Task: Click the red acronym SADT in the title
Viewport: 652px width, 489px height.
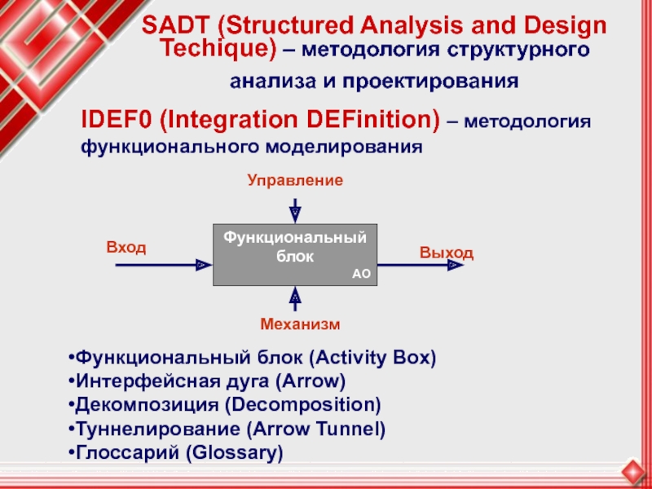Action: (176, 26)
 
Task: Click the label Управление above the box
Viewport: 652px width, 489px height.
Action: (295, 180)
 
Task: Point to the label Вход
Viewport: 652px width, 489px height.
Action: (126, 248)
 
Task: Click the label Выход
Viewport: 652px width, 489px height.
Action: (447, 253)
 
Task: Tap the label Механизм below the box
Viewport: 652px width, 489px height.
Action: (300, 324)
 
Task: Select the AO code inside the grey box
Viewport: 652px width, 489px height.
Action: (361, 274)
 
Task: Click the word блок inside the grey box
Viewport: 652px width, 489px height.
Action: (295, 257)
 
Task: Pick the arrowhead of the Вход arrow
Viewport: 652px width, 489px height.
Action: (205, 265)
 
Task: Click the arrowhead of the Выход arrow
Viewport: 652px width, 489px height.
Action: (456, 265)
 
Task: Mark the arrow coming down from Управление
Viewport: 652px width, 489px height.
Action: (295, 211)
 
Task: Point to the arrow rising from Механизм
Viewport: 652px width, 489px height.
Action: (295, 298)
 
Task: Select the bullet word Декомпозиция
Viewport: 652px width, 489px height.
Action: (147, 405)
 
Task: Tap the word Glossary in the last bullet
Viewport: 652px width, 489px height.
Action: (234, 453)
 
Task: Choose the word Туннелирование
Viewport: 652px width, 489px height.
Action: (158, 429)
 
